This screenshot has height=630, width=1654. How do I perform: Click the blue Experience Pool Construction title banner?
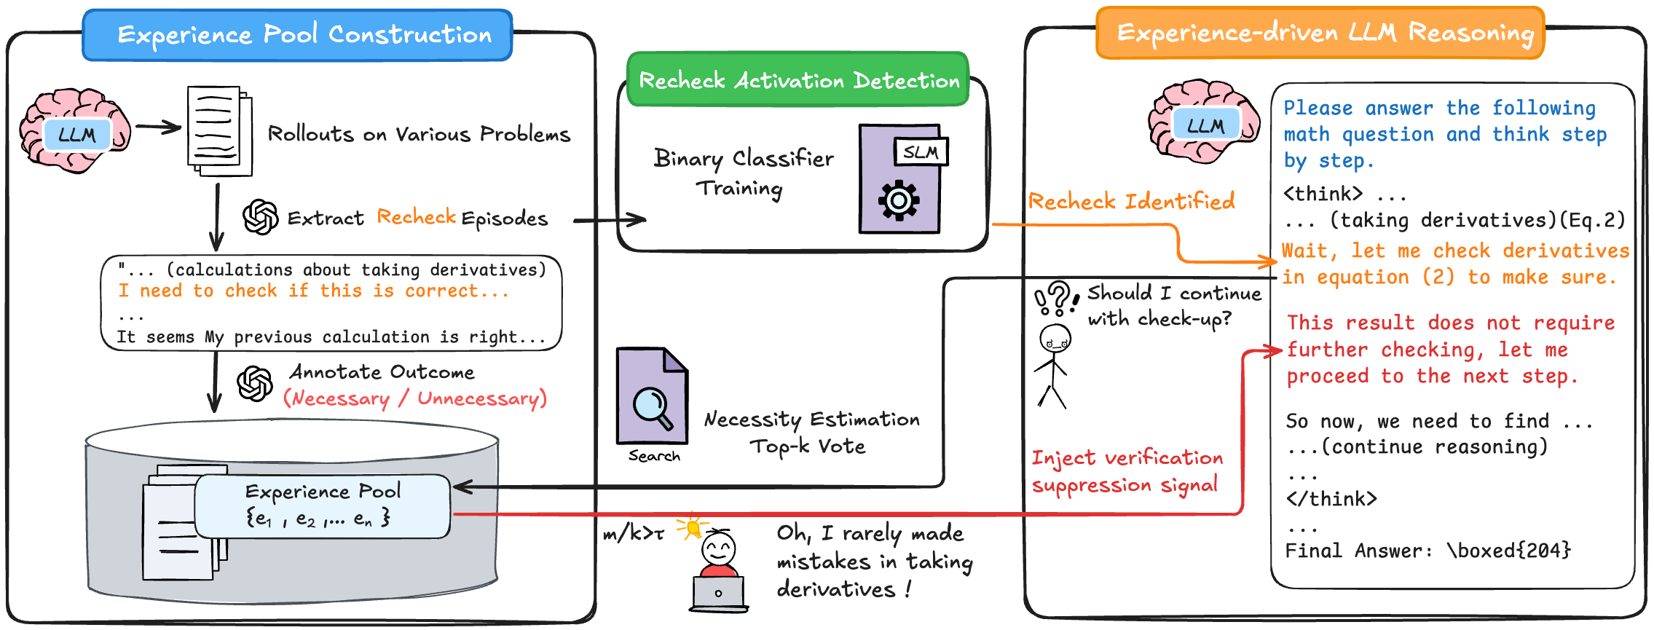297,35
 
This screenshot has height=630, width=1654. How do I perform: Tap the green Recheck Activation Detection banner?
798,79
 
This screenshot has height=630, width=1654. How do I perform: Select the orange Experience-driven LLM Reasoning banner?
1320,34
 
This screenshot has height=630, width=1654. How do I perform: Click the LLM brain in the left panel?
75,131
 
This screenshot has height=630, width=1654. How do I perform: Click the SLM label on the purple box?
921,152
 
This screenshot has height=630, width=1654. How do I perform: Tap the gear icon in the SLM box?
899,200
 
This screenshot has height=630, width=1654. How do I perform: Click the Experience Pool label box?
323,505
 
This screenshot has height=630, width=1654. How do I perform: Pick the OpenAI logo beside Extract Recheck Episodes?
260,217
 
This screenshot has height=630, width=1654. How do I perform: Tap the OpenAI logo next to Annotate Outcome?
255,383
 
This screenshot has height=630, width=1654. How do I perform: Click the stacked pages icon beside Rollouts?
219,131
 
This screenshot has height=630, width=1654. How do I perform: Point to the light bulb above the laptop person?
693,526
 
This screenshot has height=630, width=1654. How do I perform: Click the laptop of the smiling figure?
718,594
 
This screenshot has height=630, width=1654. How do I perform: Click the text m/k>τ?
633,534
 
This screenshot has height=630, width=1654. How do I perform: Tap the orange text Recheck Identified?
1131,201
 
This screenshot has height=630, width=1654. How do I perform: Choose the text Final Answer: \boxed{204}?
1427,551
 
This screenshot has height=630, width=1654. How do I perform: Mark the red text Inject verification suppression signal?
1127,471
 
